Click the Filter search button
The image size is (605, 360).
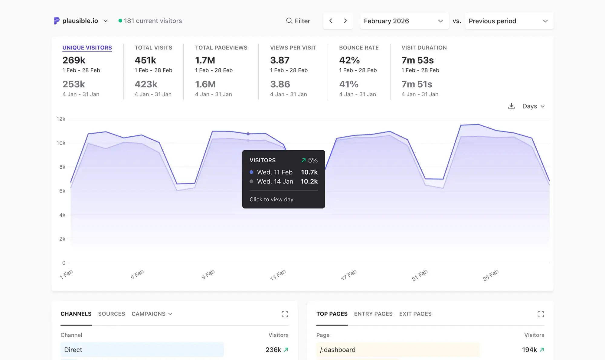pyautogui.click(x=298, y=21)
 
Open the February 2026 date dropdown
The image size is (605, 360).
pyautogui.click(x=404, y=21)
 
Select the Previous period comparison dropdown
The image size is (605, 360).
pyautogui.click(x=509, y=21)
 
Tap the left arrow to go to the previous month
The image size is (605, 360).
pyautogui.click(x=331, y=21)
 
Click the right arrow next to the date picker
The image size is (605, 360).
pyautogui.click(x=345, y=21)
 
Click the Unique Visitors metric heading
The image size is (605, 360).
pyautogui.click(x=87, y=47)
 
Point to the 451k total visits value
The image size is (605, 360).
pyautogui.click(x=145, y=60)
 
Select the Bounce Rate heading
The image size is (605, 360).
pyautogui.click(x=359, y=47)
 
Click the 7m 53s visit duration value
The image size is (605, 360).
pyautogui.click(x=417, y=60)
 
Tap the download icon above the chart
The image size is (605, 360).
pyautogui.click(x=511, y=106)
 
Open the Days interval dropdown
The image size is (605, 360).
pyautogui.click(x=533, y=106)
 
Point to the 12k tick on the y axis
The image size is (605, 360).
pyautogui.click(x=61, y=119)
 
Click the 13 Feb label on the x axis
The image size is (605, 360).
pyautogui.click(x=278, y=275)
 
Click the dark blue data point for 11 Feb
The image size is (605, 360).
pyautogui.click(x=248, y=134)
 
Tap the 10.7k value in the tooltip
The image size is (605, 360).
pyautogui.click(x=309, y=172)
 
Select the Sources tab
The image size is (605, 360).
pyautogui.click(x=111, y=314)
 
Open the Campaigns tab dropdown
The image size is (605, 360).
pyautogui.click(x=152, y=314)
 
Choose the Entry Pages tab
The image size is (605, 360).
pyautogui.click(x=373, y=314)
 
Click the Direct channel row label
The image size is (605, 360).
pyautogui.click(x=73, y=350)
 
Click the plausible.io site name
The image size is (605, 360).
pyautogui.click(x=80, y=21)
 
